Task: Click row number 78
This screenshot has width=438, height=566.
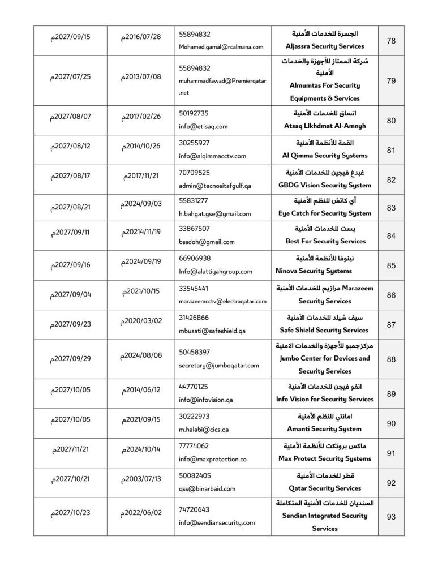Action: [x=390, y=41]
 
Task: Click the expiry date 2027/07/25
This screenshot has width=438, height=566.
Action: [x=70, y=76]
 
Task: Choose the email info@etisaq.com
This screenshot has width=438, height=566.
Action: [x=203, y=127]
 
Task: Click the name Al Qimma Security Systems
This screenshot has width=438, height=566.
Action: [x=325, y=156]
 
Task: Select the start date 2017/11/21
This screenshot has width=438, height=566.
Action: [x=141, y=175]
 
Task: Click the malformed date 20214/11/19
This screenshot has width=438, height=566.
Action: [x=141, y=232]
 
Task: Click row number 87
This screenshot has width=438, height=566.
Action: [x=390, y=324]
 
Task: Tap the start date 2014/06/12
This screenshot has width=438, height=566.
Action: [x=141, y=390]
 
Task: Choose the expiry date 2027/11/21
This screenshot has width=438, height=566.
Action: [x=70, y=449]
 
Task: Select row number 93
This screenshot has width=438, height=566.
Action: [x=390, y=517]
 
